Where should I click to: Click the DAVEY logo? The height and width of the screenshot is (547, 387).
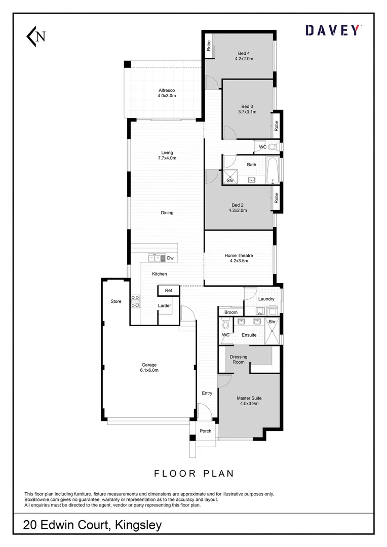point(334,30)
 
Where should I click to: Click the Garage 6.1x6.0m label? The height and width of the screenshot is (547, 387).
point(149,367)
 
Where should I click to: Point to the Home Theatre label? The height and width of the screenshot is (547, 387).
point(239,258)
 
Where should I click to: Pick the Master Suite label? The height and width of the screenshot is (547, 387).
point(249,401)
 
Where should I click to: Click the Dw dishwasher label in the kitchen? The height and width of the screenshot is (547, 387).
point(170,258)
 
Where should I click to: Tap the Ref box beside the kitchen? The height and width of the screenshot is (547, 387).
point(169,291)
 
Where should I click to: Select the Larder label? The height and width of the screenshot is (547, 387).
point(164,306)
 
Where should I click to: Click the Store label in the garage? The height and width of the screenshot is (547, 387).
point(116,301)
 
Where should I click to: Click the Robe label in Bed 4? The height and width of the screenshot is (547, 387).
point(208,47)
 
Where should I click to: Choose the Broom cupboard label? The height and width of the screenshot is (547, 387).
point(231,312)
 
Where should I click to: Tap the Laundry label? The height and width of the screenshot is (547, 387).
point(266,299)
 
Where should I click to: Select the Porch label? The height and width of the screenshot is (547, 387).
point(205,431)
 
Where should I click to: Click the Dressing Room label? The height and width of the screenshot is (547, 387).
point(238,360)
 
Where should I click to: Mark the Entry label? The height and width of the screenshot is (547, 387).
point(207,393)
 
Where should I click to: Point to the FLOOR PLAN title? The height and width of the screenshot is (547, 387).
point(194,474)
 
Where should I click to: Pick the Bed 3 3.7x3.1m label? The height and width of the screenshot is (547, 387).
point(247,109)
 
